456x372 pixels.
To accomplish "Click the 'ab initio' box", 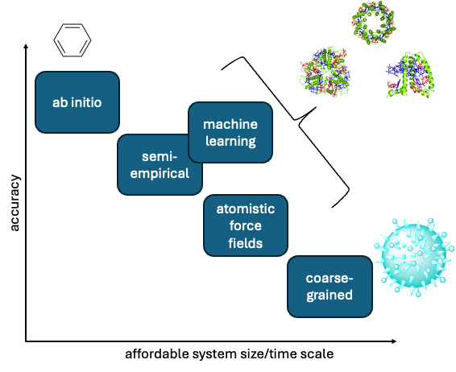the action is point(77,102).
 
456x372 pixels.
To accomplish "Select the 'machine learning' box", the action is point(230,132).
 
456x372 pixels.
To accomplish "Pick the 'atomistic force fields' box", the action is point(246,225).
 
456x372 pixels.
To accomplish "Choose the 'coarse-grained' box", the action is point(330,287).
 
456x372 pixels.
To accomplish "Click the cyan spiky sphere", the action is point(413,257).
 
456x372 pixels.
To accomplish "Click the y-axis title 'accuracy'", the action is point(15,203).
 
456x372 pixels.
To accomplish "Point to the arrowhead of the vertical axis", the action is point(26,46).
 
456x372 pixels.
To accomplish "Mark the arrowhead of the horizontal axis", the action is point(394,341).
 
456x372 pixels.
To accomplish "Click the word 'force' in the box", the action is point(246,225).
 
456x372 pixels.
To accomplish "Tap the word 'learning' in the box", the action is point(230,141).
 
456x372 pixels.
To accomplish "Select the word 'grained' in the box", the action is point(330,296).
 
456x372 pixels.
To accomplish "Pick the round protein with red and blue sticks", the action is point(325,72).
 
